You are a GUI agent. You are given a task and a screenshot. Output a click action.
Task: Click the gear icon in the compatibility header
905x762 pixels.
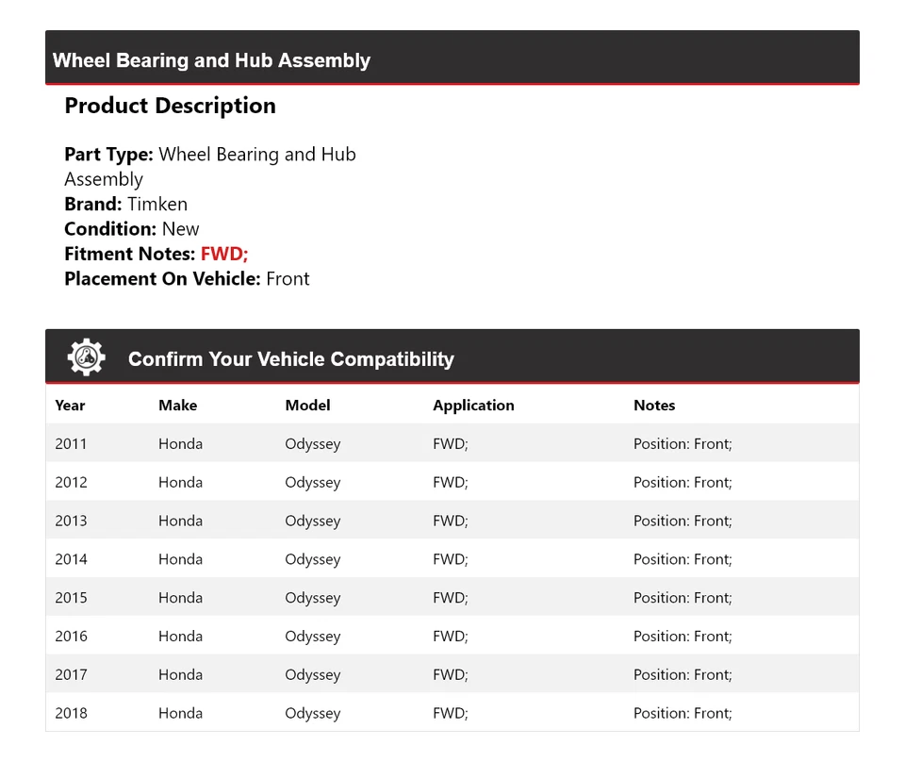(86, 358)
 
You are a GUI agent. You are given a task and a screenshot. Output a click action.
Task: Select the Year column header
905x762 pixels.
(70, 406)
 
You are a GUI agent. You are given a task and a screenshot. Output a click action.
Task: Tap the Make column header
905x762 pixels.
(177, 406)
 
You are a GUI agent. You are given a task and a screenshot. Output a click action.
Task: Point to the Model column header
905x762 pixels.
(307, 406)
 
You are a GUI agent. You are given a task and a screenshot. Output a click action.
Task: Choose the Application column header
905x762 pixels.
(473, 406)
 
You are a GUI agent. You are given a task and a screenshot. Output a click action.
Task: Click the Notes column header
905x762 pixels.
(654, 406)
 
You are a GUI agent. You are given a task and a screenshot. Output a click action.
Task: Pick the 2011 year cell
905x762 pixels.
(71, 444)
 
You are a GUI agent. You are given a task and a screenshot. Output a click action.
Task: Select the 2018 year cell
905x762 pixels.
(71, 713)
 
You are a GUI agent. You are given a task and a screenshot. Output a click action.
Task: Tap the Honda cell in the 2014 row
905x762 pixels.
(180, 559)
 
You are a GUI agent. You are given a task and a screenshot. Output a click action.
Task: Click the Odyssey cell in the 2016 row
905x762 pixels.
(312, 637)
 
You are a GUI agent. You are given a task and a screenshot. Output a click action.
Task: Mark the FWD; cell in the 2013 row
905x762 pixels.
(450, 521)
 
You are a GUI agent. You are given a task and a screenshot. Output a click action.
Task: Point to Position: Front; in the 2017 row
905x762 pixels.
(683, 675)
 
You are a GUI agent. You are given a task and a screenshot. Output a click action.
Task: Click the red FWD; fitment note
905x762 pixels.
(224, 254)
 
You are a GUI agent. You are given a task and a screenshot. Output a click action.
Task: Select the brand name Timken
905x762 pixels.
(157, 204)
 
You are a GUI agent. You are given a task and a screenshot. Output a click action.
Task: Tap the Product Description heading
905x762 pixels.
(170, 106)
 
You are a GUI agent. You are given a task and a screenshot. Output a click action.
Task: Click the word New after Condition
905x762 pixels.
(180, 229)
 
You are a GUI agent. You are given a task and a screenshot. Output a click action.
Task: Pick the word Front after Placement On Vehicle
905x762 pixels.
(288, 279)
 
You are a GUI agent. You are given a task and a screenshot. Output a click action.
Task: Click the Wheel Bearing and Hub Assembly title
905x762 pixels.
(211, 60)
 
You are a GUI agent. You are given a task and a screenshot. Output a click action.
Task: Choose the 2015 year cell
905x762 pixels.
(71, 598)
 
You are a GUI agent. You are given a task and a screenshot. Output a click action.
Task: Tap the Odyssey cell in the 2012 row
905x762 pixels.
(312, 483)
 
